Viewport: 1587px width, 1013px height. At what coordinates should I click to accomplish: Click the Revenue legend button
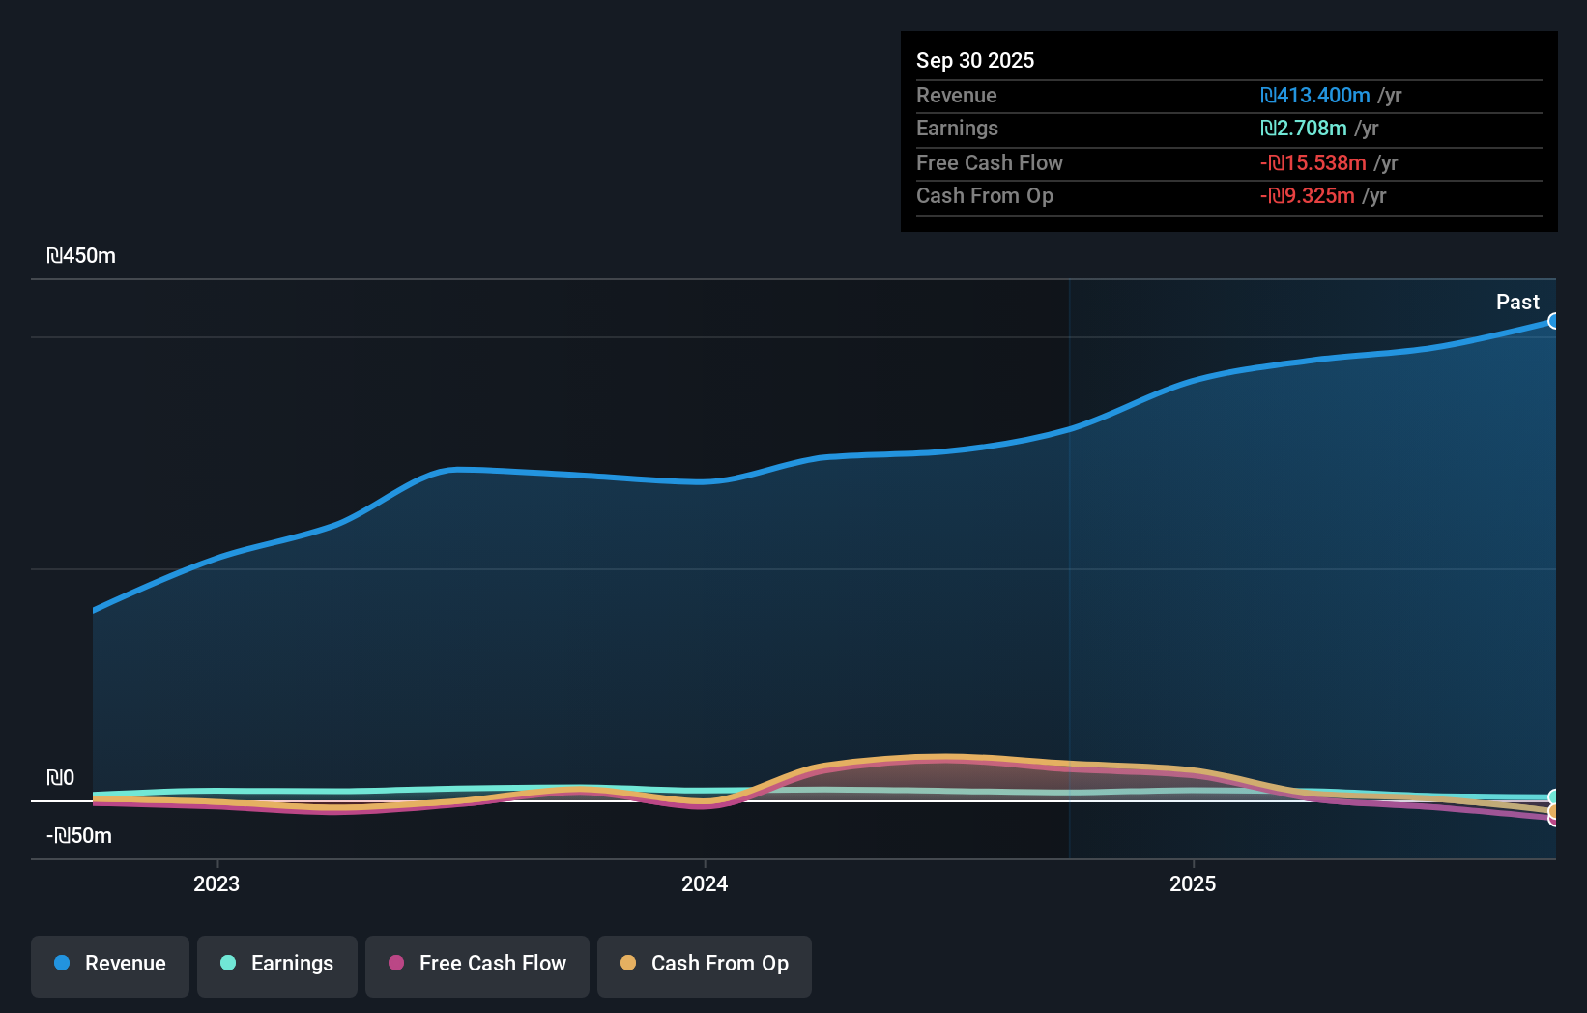110,965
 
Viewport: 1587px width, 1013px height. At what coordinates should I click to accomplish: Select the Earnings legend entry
277,965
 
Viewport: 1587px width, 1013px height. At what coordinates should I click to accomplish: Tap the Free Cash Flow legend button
477,965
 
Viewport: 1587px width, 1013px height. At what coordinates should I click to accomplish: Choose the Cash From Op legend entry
705,965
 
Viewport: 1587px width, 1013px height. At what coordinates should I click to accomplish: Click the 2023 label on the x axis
216,884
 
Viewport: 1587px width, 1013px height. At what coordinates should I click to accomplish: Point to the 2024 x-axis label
705,884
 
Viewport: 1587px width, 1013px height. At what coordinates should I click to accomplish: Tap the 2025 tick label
1193,884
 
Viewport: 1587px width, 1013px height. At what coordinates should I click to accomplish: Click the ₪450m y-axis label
81,256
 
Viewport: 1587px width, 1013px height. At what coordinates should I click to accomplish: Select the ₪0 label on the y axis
61,778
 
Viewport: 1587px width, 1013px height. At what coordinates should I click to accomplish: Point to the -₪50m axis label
79,836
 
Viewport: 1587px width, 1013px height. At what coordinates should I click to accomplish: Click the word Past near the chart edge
1517,303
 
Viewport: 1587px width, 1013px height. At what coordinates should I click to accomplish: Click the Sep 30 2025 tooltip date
975,61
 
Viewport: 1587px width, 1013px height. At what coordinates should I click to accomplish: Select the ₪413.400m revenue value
1315,96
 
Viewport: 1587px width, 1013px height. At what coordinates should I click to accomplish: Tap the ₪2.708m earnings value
1304,129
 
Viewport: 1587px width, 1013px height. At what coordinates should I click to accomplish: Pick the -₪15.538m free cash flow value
1313,163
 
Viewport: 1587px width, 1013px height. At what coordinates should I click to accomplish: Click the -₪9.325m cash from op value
1308,196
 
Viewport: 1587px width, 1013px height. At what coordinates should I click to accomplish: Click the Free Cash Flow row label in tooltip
990,163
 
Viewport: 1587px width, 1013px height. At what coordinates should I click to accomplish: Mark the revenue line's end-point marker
1553,321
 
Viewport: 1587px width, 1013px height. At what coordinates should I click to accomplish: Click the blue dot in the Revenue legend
62,964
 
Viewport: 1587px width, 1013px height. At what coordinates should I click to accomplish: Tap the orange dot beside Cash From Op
628,964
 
